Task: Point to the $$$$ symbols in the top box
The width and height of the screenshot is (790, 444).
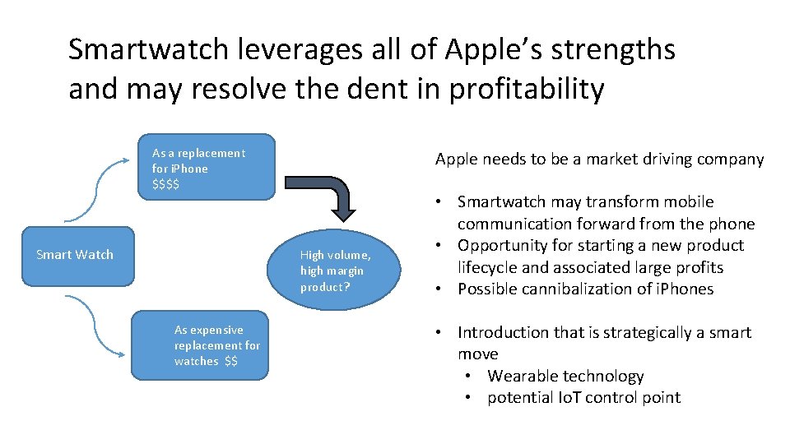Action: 165,184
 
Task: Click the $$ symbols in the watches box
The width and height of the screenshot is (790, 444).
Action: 230,361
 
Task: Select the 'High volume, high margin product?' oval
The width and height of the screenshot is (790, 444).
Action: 334,271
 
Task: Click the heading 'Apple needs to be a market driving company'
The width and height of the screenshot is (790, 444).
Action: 599,160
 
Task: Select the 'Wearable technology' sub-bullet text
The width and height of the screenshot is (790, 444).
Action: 565,377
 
